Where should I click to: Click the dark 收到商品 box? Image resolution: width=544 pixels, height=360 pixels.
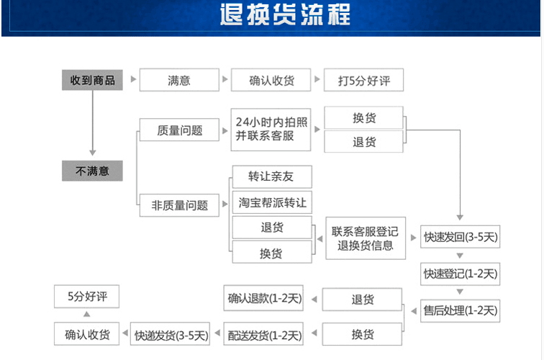pos(92,80)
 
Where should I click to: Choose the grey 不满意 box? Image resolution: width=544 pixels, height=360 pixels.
pos(92,171)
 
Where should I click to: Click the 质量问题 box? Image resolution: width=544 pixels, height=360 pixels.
pos(179,130)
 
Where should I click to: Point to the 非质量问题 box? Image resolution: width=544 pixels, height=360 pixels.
pos(179,205)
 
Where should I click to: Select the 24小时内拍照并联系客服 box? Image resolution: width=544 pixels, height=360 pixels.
pos(271,130)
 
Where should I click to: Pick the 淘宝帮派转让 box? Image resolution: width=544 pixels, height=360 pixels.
pos(272,203)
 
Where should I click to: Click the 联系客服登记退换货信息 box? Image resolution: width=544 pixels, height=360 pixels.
pos(365,238)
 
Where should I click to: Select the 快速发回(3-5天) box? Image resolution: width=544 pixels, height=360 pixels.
pos(460,236)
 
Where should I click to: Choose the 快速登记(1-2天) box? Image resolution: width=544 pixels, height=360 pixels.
pos(460,274)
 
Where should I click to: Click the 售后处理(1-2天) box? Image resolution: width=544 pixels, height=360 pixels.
pos(460,310)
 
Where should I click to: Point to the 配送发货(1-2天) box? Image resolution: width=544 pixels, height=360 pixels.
pos(264,335)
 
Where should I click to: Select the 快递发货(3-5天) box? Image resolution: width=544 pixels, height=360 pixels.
pos(171,335)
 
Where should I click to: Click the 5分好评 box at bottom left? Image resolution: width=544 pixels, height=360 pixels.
pos(86,296)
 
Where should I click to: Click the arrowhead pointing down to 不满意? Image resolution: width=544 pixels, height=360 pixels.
pos(92,151)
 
